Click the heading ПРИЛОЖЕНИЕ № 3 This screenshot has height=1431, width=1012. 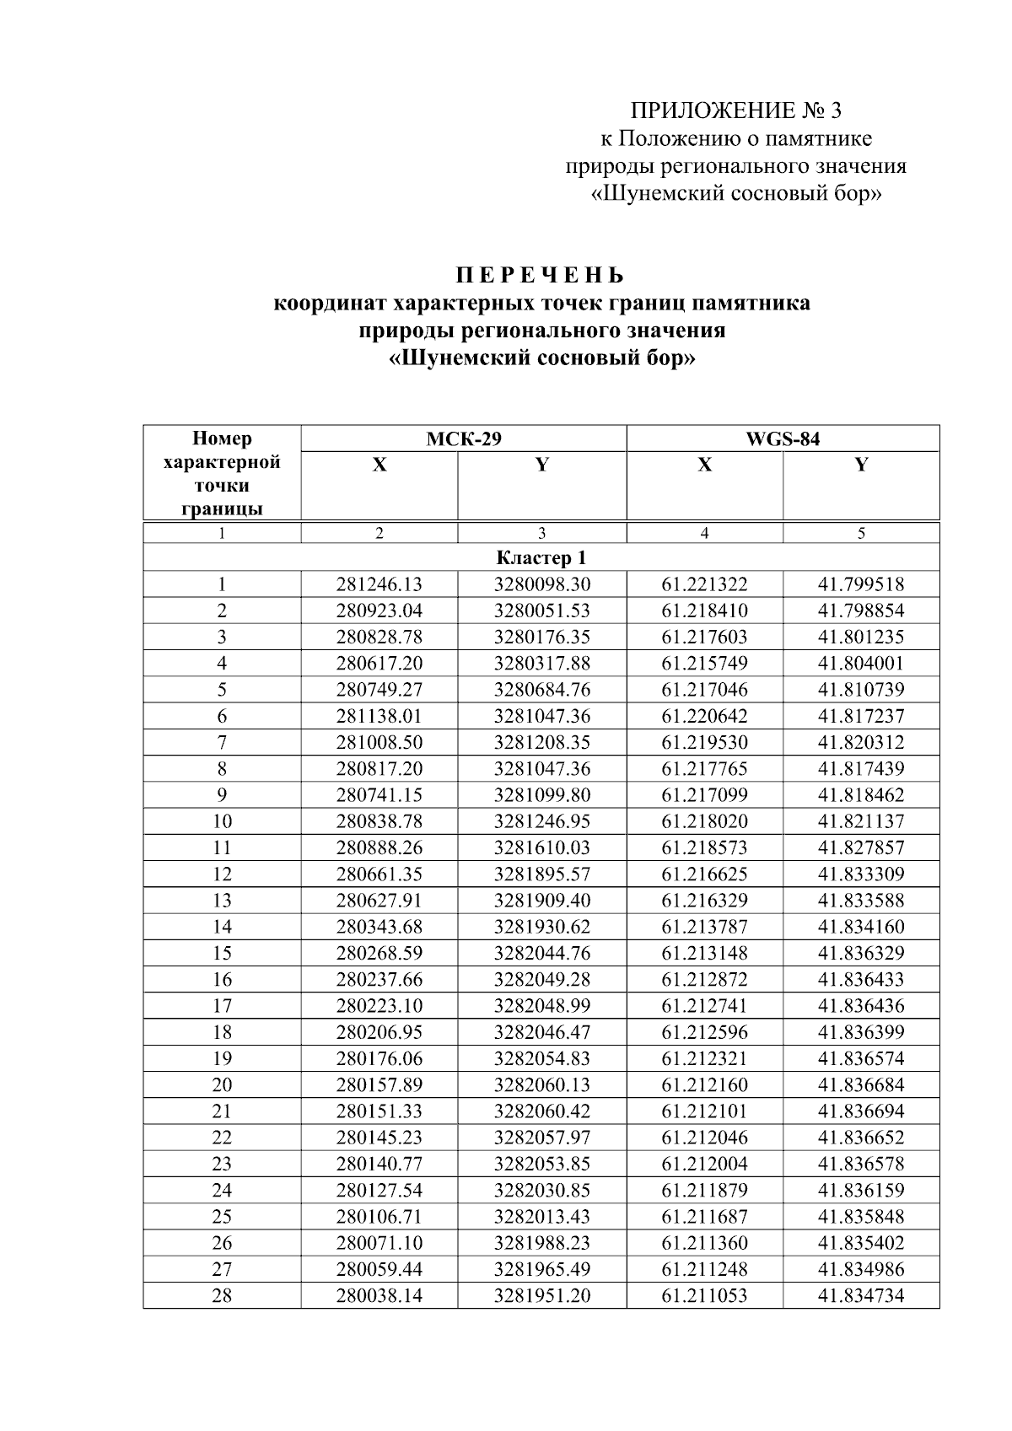pyautogui.click(x=736, y=110)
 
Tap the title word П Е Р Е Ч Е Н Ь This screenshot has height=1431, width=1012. pyautogui.click(x=541, y=276)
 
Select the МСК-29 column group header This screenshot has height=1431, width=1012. pyautogui.click(x=463, y=438)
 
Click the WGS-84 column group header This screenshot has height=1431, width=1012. pyautogui.click(x=782, y=438)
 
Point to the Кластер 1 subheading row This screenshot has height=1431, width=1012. pyautogui.click(x=541, y=557)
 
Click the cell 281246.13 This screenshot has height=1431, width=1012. pyautogui.click(x=379, y=584)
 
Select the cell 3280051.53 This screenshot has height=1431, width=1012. pyautogui.click(x=541, y=611)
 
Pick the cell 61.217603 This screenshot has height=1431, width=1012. pyautogui.click(x=704, y=637)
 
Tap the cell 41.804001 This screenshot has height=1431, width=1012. pyautogui.click(x=860, y=663)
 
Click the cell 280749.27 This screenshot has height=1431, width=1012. pyautogui.click(x=379, y=690)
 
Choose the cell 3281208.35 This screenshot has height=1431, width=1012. pyautogui.click(x=541, y=742)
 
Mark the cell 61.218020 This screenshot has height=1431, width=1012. pyautogui.click(x=704, y=821)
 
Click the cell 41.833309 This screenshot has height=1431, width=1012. pyautogui.click(x=860, y=874)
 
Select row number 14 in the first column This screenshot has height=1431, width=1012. pyautogui.click(x=222, y=927)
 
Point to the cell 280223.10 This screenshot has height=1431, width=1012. pyautogui.click(x=379, y=1005)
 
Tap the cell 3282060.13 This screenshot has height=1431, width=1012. pyautogui.click(x=541, y=1084)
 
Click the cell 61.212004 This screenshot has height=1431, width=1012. pyautogui.click(x=704, y=1164)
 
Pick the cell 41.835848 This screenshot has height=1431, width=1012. pyautogui.click(x=860, y=1216)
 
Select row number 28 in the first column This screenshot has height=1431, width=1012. pyautogui.click(x=222, y=1295)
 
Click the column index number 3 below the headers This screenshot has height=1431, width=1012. pyautogui.click(x=541, y=533)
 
